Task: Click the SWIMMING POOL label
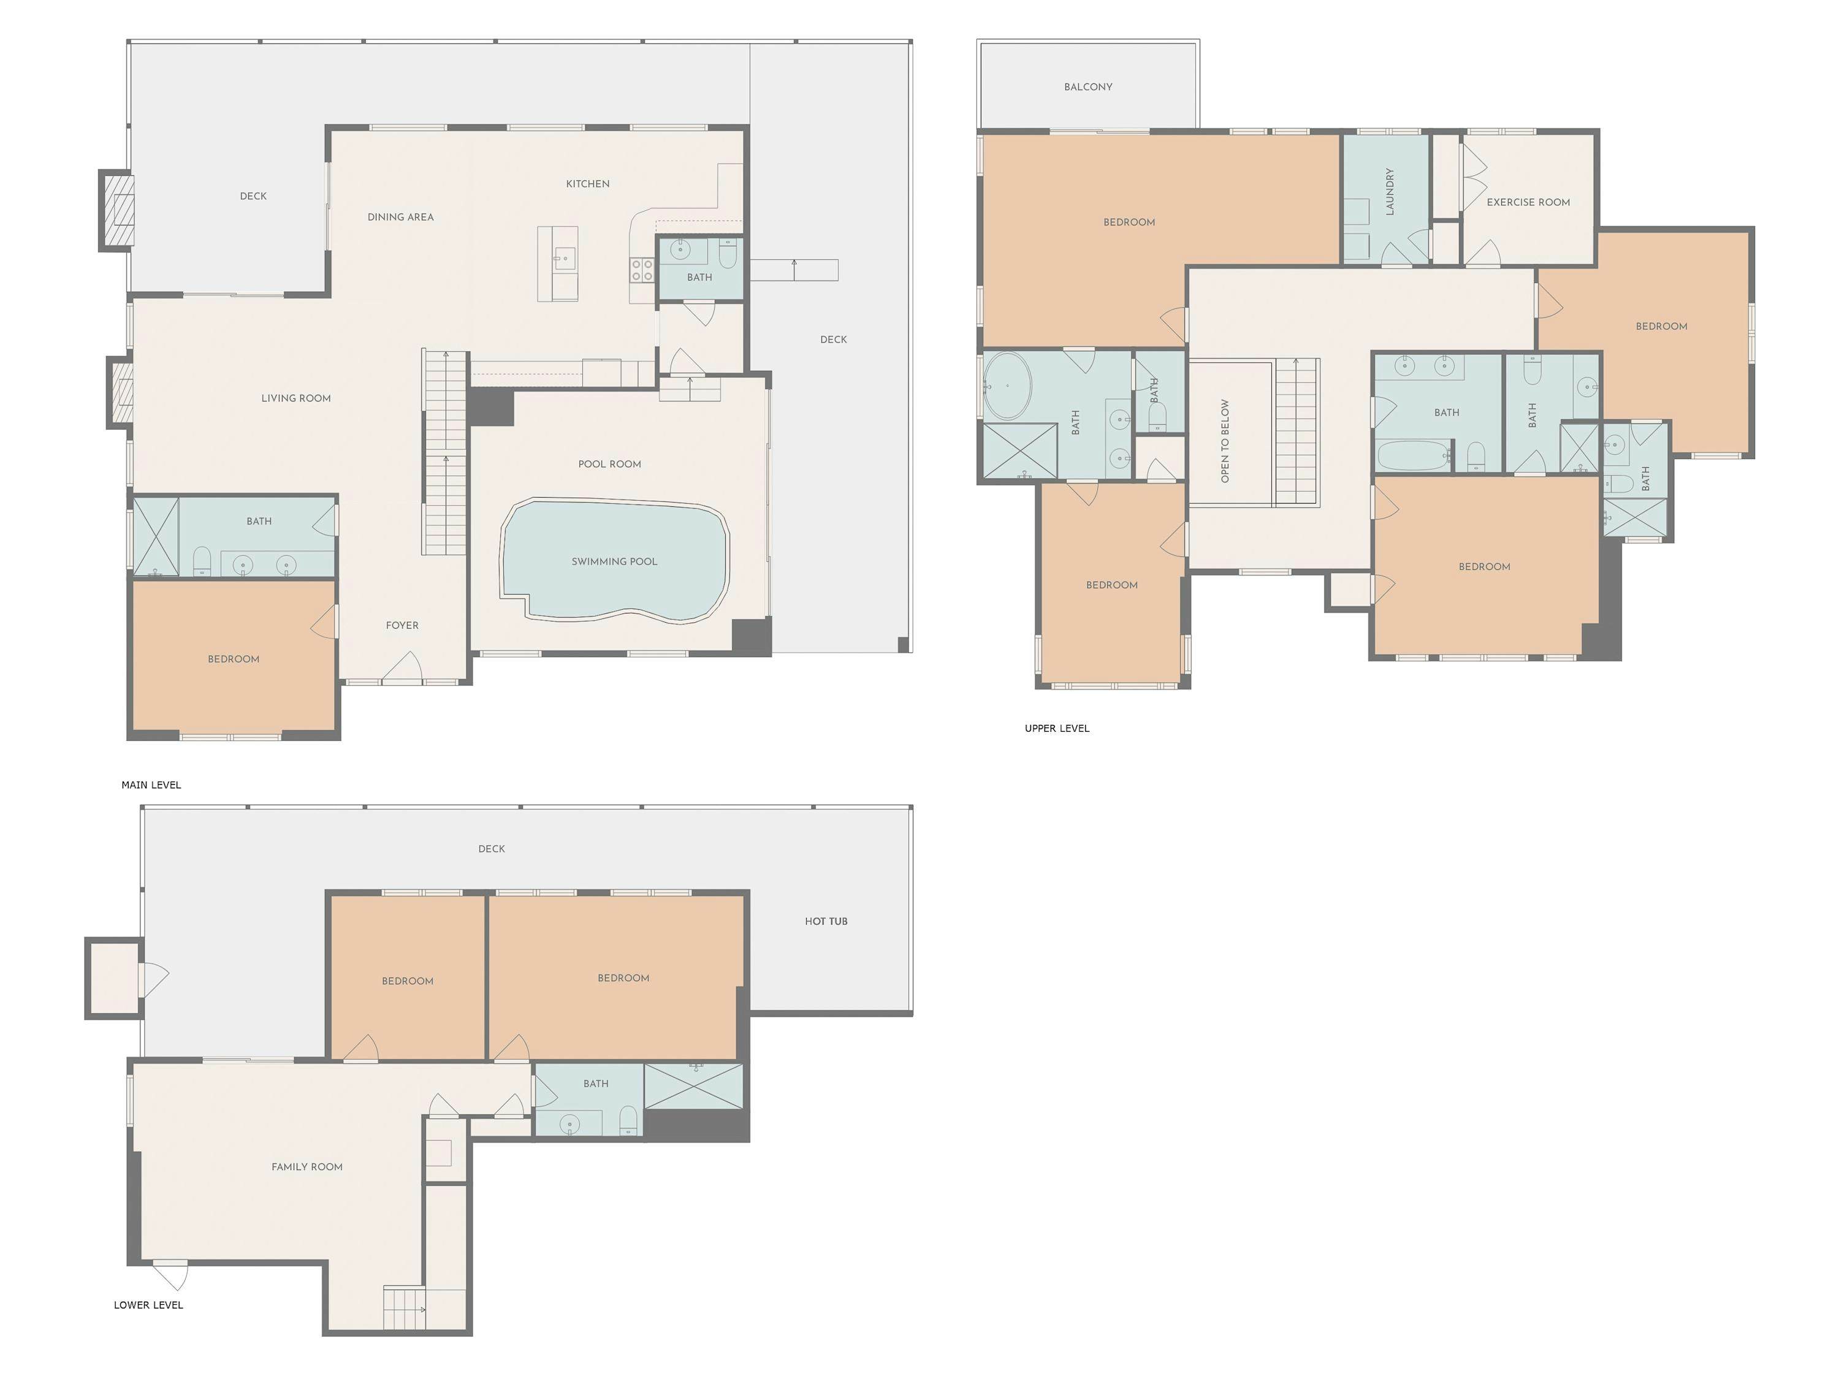click(x=614, y=561)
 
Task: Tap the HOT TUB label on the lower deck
click(x=826, y=921)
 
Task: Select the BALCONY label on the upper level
click(x=1087, y=86)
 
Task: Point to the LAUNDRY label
click(x=1389, y=192)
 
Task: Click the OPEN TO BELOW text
click(x=1225, y=441)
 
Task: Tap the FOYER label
click(x=402, y=625)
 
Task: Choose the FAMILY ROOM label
click(x=306, y=1166)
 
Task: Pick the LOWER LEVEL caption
click(x=148, y=1304)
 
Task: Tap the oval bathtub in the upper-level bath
click(x=1008, y=386)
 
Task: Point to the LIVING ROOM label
click(x=296, y=398)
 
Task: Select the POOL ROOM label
click(x=609, y=464)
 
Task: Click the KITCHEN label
click(x=587, y=184)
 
